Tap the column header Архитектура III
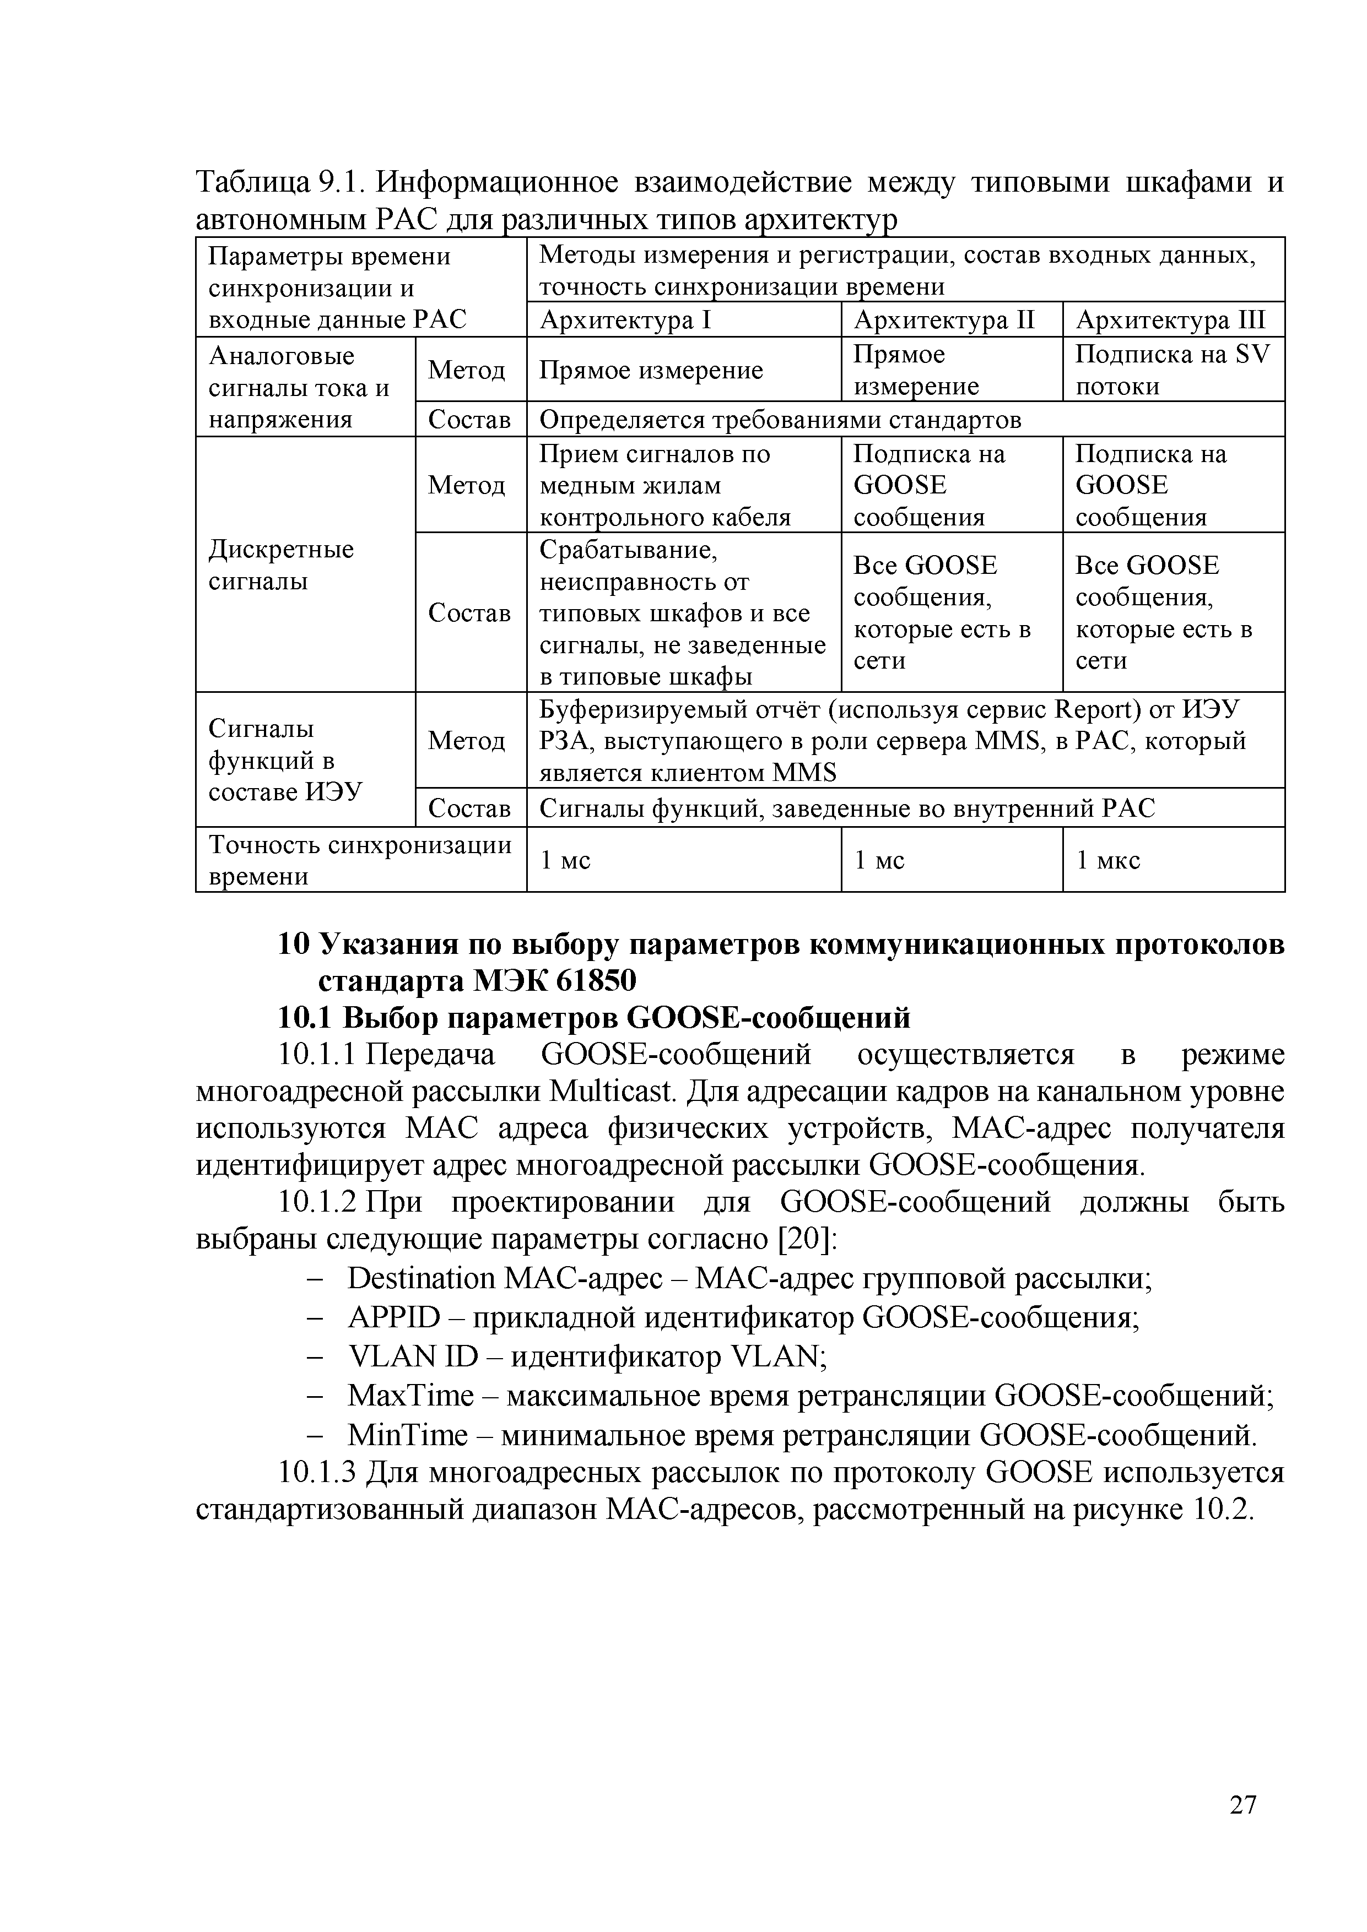(1170, 321)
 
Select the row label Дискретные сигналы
(281, 566)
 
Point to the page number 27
(1242, 1828)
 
